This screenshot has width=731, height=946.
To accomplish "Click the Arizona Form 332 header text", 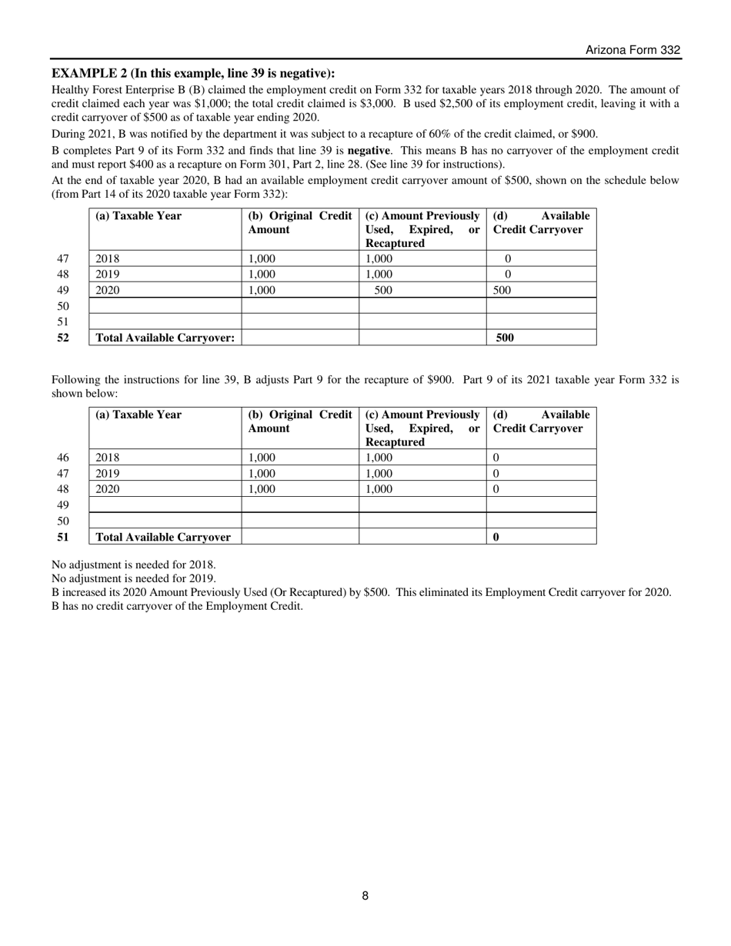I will tap(633, 50).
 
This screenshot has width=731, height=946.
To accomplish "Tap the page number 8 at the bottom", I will tap(365, 895).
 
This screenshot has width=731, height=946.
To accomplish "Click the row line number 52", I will tap(63, 338).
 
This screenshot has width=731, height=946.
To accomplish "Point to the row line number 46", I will tap(63, 458).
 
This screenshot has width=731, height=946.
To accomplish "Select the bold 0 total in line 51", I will tap(496, 537).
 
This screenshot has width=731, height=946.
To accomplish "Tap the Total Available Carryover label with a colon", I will tap(165, 338).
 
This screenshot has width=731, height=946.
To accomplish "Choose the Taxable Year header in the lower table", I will tap(139, 415).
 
